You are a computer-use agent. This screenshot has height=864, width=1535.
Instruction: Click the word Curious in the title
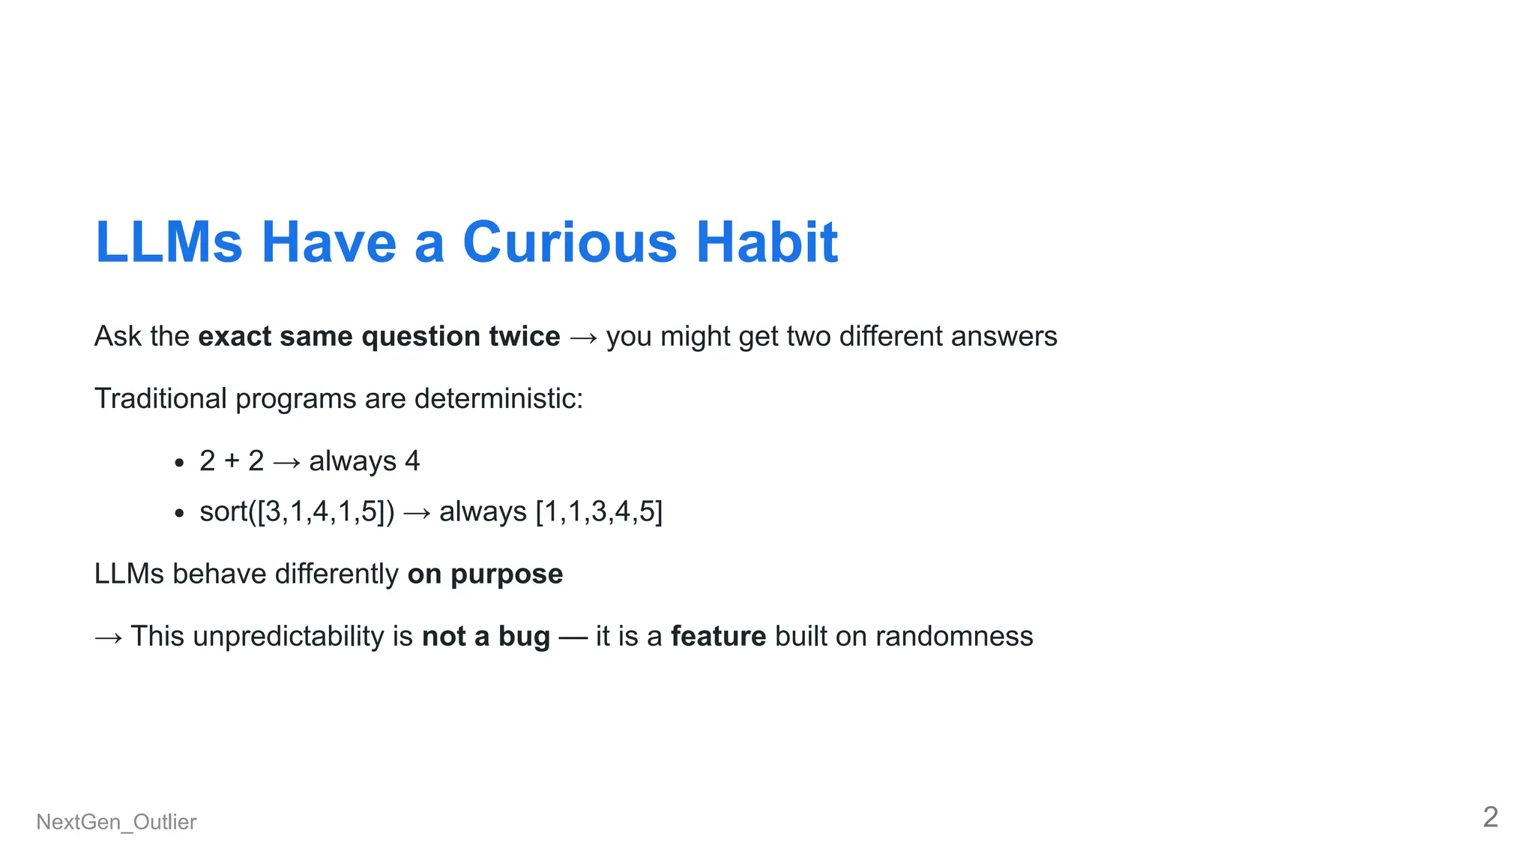coord(570,243)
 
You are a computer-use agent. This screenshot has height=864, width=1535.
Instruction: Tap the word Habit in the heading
coord(767,243)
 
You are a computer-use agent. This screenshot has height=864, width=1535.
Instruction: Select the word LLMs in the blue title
coord(169,243)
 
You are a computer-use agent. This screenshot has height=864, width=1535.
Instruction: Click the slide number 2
coord(1490,817)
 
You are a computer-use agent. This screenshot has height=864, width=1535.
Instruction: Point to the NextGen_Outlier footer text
coord(116,822)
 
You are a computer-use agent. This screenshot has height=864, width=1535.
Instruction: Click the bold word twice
coord(524,337)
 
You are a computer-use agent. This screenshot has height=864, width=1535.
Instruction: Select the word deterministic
coord(498,399)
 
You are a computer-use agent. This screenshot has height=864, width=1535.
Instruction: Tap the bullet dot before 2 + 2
coord(178,463)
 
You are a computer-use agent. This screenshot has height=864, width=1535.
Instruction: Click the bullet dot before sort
coord(178,514)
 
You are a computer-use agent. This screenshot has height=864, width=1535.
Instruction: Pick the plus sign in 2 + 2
coord(232,461)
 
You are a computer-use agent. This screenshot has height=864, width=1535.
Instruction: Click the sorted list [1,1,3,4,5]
coord(599,511)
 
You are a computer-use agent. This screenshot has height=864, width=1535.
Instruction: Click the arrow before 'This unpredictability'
coord(109,638)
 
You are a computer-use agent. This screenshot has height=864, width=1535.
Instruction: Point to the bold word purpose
coord(507,574)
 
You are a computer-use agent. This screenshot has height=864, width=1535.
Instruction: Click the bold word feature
coord(718,637)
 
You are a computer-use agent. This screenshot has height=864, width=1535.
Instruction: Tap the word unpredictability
coord(289,637)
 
